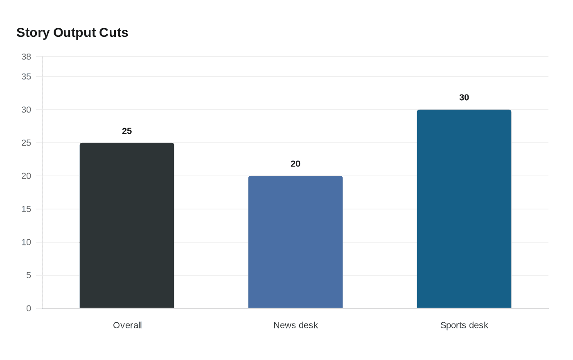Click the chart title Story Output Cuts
tap(72, 32)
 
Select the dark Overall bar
tap(127, 225)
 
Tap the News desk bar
tap(296, 242)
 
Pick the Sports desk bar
tap(464, 209)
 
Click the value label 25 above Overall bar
tap(127, 131)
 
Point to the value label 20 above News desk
tap(296, 164)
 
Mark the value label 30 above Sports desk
tap(464, 97)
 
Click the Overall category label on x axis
tap(127, 325)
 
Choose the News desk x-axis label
tap(296, 325)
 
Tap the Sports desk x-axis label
tap(464, 325)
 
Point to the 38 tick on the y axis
tap(26, 57)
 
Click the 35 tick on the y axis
tap(26, 76)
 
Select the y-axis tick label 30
tap(26, 110)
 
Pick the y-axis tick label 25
tap(26, 143)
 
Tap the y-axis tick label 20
tap(26, 176)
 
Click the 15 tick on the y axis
tap(26, 209)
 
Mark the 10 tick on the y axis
tap(26, 242)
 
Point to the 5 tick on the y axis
tap(29, 275)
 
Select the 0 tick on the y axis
tap(29, 308)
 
